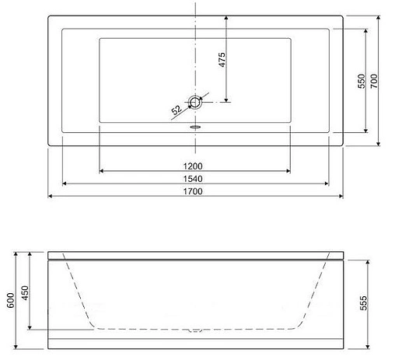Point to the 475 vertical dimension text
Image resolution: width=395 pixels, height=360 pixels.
click(222, 61)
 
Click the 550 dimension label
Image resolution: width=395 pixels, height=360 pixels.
click(361, 82)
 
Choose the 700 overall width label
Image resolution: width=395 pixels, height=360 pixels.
click(374, 82)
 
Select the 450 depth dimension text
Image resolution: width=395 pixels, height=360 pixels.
click(25, 292)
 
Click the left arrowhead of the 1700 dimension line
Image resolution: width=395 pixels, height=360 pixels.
click(51, 197)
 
